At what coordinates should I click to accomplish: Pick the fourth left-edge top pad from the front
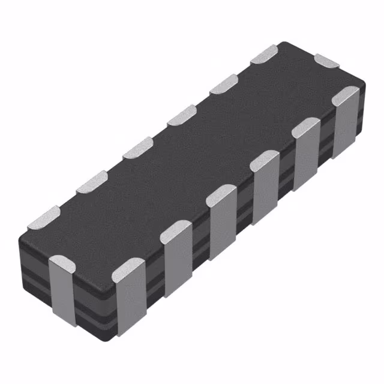pyautogui.click(x=182, y=115)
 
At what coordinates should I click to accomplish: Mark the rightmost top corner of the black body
pyautogui.click(x=364, y=82)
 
